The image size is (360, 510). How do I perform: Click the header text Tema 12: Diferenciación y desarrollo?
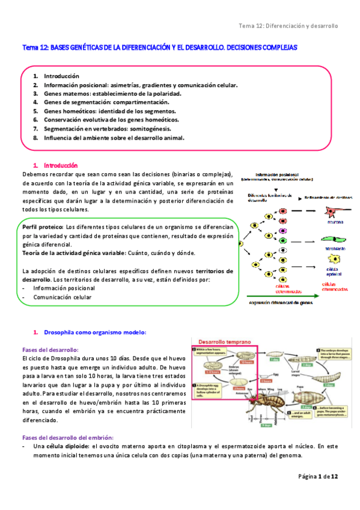pos(288,26)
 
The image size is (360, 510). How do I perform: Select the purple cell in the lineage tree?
pos(282,230)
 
